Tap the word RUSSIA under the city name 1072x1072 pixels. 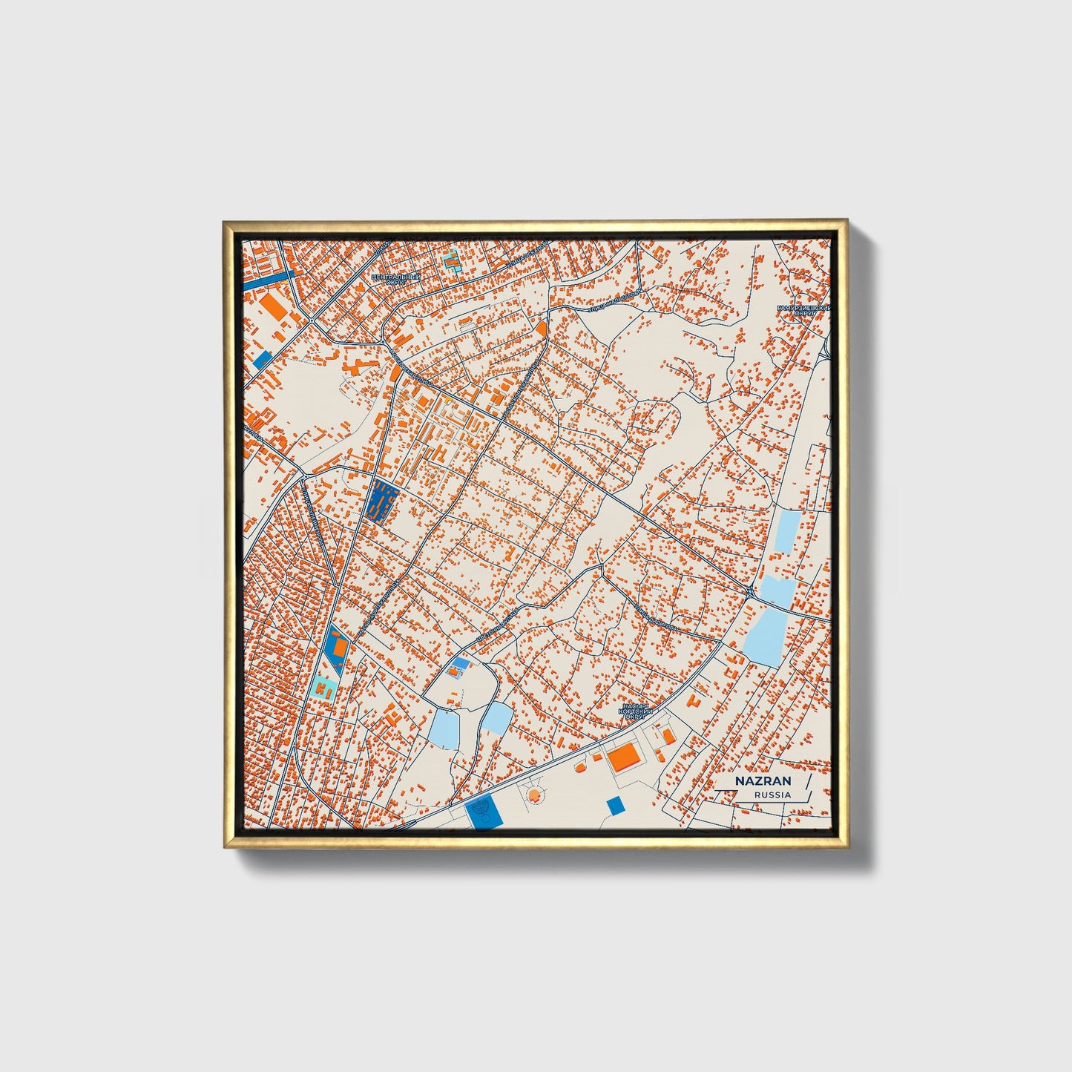[772, 795]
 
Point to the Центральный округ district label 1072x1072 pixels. [395, 280]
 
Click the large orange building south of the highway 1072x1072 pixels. [624, 757]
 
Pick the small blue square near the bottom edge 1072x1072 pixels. [614, 806]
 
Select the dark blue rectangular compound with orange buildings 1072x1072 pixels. [382, 502]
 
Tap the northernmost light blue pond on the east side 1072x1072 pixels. [786, 531]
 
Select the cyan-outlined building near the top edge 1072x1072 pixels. [451, 261]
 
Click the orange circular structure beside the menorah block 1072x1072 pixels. [533, 796]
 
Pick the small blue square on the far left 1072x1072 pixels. [263, 360]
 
